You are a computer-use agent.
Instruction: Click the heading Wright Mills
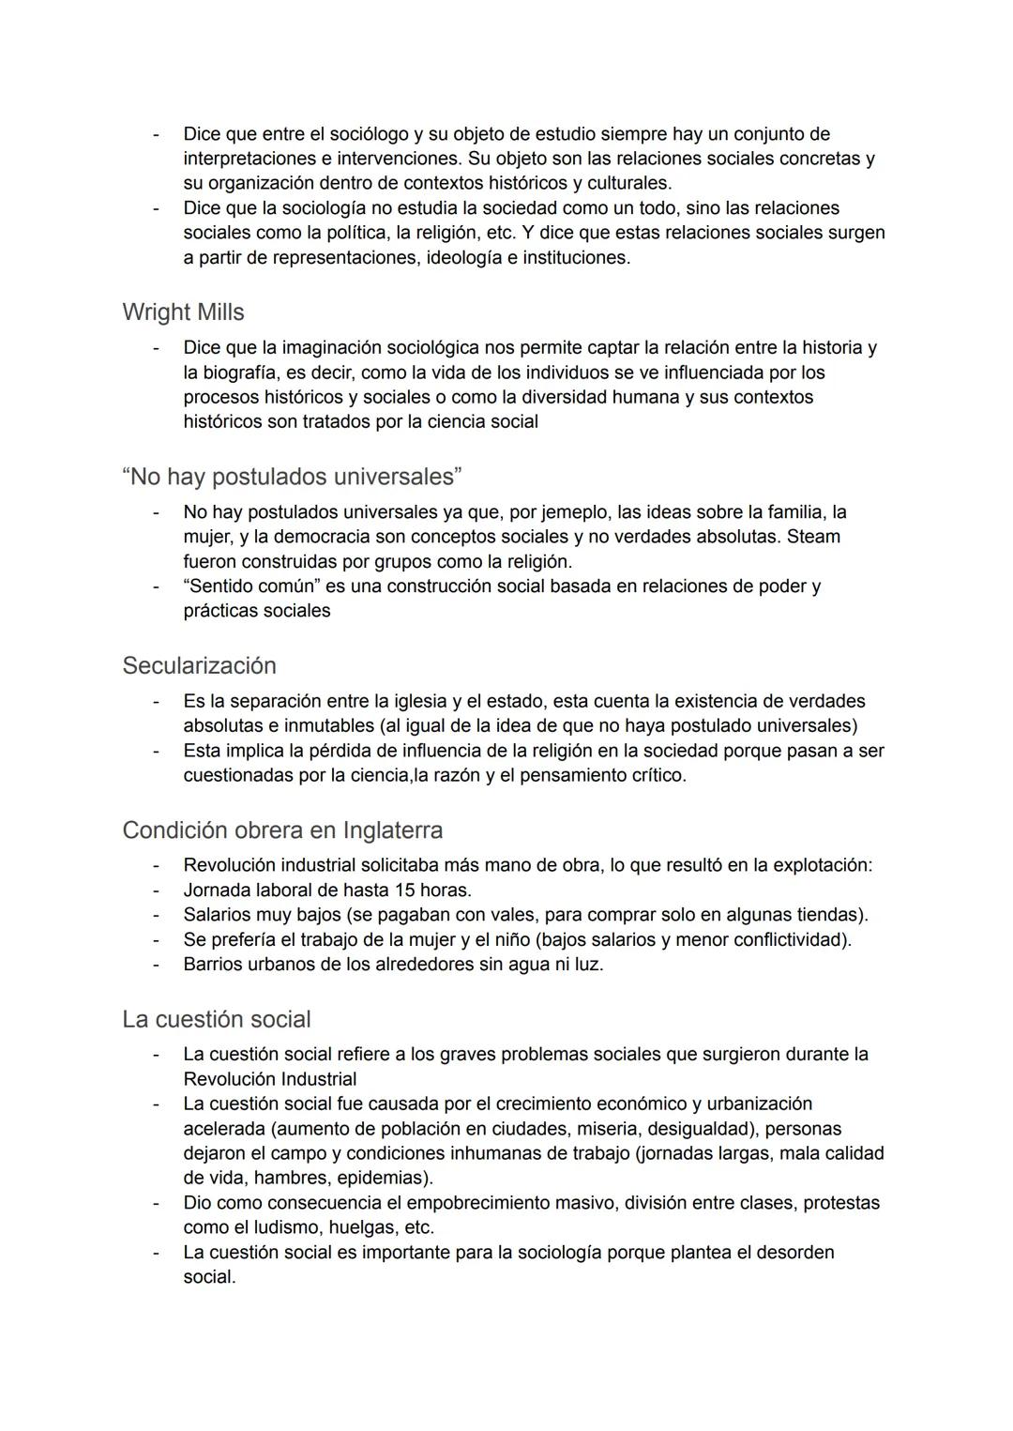pos(183,312)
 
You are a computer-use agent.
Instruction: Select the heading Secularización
pos(199,665)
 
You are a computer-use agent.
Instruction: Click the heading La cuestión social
pos(216,1019)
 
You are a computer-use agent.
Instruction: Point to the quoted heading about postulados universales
pos(292,477)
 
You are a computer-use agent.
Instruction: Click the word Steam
pos(813,537)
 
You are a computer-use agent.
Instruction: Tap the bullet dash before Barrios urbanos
pos(158,964)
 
